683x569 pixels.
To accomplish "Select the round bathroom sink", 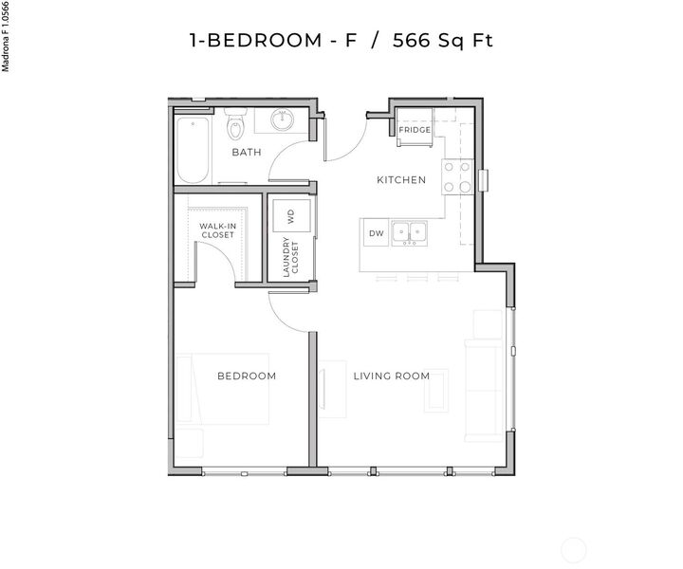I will coord(283,120).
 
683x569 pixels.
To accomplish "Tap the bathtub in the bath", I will coord(192,150).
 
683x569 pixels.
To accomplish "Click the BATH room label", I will coord(247,152).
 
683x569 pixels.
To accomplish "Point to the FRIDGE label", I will coord(415,130).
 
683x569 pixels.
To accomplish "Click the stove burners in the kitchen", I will coord(457,176).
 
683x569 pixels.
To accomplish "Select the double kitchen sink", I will coord(410,232).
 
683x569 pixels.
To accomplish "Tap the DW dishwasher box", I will coord(376,232).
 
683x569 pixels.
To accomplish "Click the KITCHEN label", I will coord(401,180).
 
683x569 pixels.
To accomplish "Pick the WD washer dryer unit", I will coord(291,215).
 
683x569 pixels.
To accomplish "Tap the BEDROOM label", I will coord(247,376).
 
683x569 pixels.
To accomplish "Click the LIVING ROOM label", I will coord(392,376).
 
